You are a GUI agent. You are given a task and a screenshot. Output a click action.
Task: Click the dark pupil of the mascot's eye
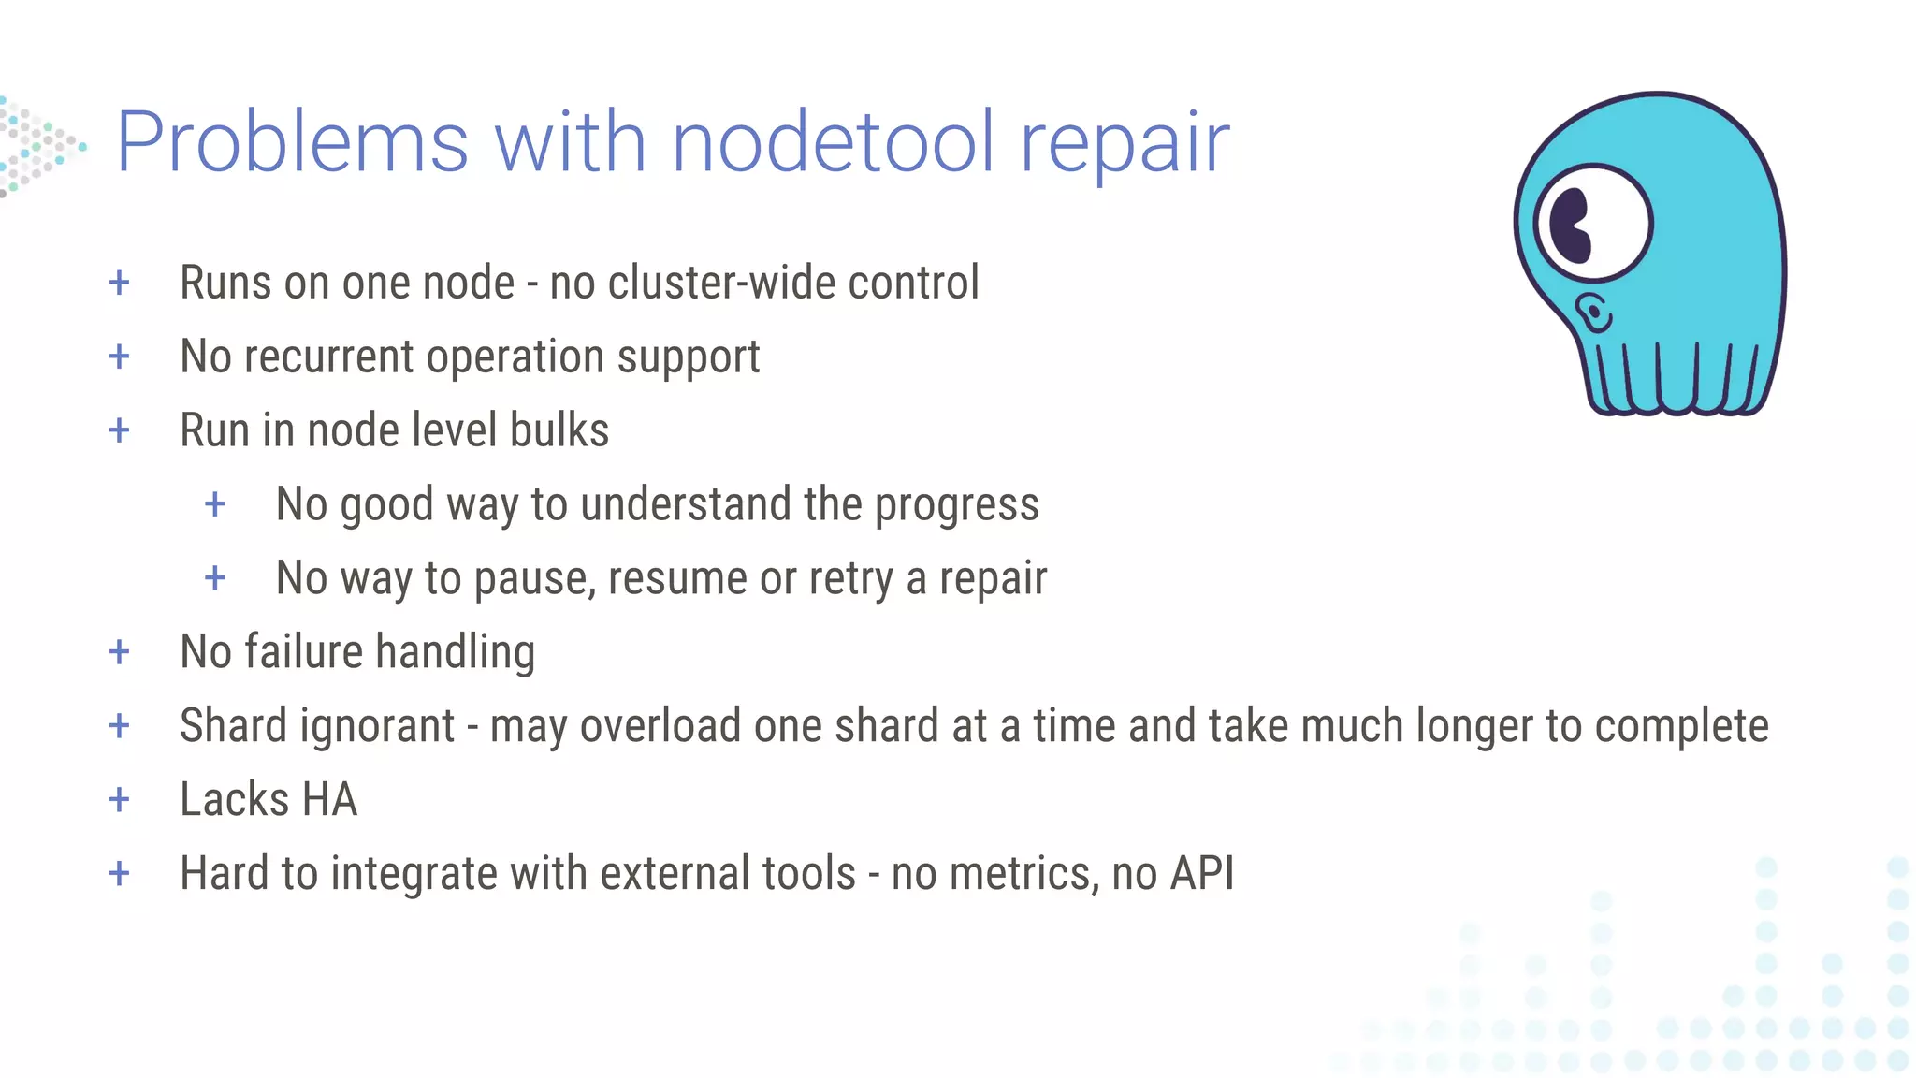(x=1571, y=226)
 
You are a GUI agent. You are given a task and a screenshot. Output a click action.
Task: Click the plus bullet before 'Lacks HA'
(x=119, y=799)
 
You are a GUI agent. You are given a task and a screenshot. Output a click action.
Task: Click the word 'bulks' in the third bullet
(x=559, y=430)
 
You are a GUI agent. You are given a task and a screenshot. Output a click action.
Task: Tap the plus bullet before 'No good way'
(x=215, y=504)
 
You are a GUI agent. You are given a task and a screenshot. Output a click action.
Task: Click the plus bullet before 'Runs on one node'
(x=119, y=283)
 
